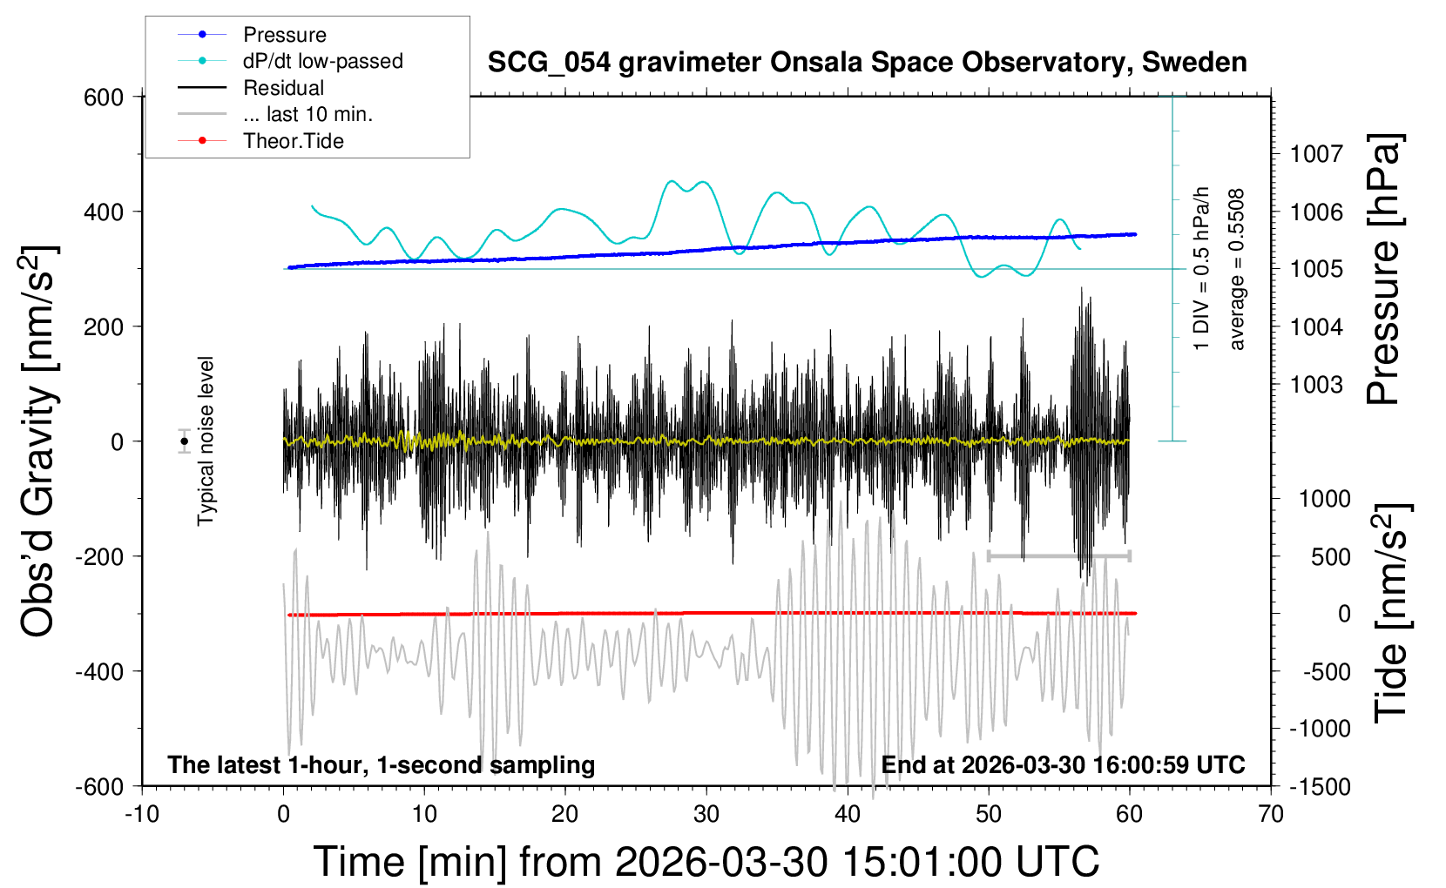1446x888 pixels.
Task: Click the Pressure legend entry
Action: point(284,35)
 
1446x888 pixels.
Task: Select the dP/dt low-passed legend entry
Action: point(322,61)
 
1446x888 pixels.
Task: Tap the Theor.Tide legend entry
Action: point(293,141)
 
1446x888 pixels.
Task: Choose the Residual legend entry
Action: point(283,88)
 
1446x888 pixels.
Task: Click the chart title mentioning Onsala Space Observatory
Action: point(867,63)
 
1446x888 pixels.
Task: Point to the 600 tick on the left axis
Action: point(104,97)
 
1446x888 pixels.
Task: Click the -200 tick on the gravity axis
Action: point(99,556)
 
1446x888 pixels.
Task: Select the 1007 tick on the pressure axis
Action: point(1316,154)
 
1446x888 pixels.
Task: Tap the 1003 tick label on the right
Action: point(1316,384)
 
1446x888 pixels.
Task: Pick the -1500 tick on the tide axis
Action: point(1320,786)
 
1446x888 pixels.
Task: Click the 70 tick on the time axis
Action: point(1271,815)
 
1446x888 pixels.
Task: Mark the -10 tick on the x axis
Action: point(142,815)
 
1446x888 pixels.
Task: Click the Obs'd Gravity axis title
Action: point(39,441)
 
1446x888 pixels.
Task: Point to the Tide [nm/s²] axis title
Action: point(1390,613)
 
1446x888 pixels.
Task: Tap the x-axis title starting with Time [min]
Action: point(706,862)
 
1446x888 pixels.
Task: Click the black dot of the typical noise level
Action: point(184,441)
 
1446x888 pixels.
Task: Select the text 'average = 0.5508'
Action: point(1237,269)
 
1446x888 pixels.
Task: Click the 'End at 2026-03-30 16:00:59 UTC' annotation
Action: point(1063,765)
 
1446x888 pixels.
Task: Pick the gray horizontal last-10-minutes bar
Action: point(1058,555)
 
